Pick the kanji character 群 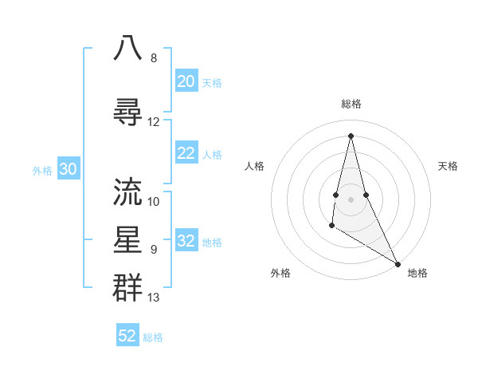click(x=128, y=286)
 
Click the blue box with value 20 click(x=186, y=81)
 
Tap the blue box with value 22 click(x=186, y=153)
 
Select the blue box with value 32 click(x=186, y=241)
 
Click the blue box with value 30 click(x=68, y=169)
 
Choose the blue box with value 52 click(x=127, y=336)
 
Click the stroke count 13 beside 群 click(x=154, y=298)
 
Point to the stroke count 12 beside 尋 click(x=154, y=121)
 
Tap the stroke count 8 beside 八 click(x=154, y=58)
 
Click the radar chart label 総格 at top click(x=351, y=104)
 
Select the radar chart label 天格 click(x=448, y=166)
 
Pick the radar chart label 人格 click(x=254, y=166)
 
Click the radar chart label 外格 click(x=280, y=273)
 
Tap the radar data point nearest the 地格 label click(x=398, y=263)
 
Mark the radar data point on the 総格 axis click(x=351, y=135)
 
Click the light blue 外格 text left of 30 click(x=42, y=170)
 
